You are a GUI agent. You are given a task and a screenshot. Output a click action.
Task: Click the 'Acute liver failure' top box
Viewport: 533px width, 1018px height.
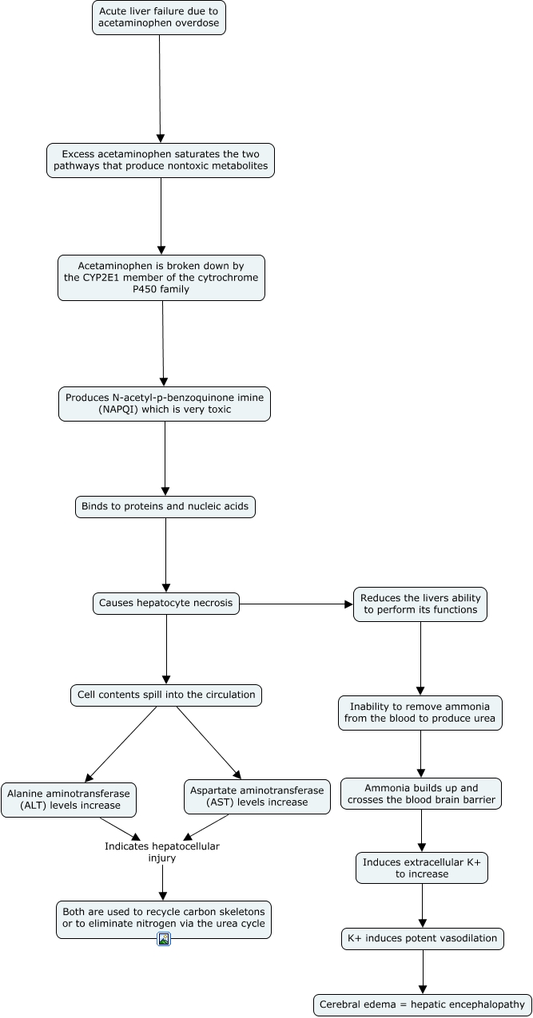pos(159,18)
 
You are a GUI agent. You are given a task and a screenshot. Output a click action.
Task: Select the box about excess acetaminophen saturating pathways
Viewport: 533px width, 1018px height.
pos(161,160)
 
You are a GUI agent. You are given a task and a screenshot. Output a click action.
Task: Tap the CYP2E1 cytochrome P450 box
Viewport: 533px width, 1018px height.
pos(161,277)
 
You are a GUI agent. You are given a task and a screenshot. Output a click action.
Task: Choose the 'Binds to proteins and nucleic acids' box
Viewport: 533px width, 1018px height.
pos(165,506)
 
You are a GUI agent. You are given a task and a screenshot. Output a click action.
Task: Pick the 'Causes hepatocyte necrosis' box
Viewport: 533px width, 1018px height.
pos(166,603)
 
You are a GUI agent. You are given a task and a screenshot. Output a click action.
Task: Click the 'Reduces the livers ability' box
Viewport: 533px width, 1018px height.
pos(420,604)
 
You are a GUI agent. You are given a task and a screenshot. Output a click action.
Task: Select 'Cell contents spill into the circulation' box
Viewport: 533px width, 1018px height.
pos(166,695)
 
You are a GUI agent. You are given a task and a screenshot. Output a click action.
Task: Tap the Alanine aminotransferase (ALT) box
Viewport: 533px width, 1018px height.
pos(69,798)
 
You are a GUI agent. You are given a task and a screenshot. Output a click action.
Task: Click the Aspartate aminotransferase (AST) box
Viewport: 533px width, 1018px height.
pos(257,796)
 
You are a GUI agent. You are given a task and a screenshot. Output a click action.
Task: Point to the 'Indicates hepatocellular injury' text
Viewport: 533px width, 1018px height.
pos(162,852)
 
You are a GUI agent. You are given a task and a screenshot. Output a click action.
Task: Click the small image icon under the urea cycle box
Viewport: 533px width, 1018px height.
pos(164,939)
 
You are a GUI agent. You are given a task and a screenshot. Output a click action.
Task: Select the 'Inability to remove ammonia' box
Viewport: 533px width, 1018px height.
pos(420,712)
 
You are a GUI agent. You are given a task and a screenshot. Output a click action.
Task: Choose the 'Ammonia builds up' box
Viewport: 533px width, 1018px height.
pos(421,794)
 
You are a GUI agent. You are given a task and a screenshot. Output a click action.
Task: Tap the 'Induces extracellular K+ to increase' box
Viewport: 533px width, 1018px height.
pos(422,868)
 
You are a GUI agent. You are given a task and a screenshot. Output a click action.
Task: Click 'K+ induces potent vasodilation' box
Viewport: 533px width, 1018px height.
pos(422,938)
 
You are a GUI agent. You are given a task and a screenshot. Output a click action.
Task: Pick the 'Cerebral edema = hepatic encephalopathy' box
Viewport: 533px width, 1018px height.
pos(423,1004)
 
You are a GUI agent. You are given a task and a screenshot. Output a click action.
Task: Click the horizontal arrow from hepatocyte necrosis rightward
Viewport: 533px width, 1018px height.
pos(296,604)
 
